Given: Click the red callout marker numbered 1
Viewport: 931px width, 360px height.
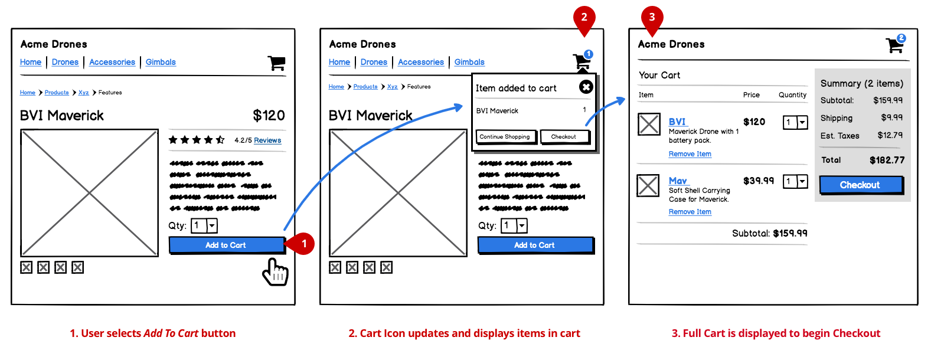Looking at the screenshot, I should (303, 243).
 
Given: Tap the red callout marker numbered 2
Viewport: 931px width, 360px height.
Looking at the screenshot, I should (584, 18).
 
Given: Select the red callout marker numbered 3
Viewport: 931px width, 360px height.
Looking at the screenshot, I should (652, 18).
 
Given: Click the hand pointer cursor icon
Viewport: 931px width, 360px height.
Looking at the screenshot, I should (275, 272).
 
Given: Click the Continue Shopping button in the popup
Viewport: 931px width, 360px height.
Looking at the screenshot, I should (505, 137).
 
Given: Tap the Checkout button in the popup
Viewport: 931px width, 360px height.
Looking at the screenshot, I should (564, 137).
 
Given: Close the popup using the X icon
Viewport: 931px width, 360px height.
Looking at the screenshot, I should (586, 87).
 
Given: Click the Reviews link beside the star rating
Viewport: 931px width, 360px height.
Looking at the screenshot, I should (267, 140).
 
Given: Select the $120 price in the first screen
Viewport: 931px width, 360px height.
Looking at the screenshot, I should (269, 116).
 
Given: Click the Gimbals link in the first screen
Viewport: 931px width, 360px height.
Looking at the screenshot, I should (161, 62).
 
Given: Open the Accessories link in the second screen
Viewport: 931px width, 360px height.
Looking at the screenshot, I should (420, 62).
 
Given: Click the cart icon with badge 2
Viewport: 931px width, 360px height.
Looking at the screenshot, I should (895, 45).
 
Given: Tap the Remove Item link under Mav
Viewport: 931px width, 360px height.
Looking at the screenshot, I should (690, 212).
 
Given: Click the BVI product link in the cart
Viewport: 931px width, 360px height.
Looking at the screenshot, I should (677, 122).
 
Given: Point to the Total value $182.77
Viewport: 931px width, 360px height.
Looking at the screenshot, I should (887, 160).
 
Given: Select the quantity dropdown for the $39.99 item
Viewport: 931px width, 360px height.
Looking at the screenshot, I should (795, 181).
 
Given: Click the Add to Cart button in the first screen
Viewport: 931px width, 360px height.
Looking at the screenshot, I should (226, 245).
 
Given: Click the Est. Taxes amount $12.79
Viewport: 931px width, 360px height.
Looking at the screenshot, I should (890, 136).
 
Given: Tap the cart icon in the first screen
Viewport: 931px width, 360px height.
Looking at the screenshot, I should (276, 63).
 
